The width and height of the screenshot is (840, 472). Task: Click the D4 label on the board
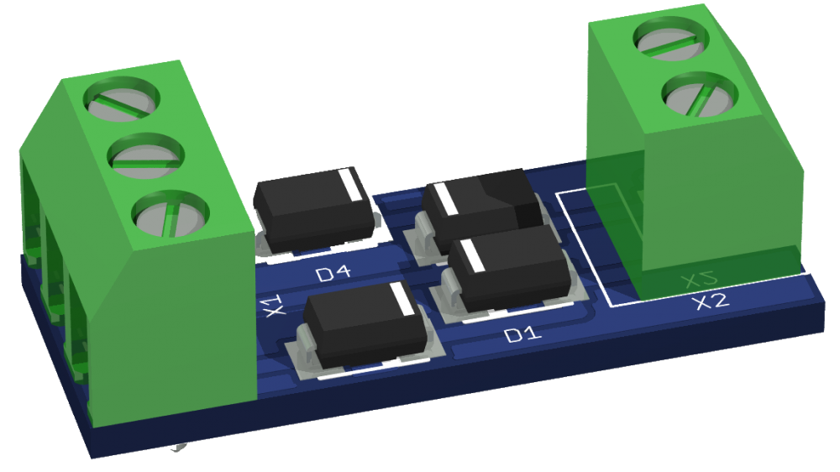pos(333,273)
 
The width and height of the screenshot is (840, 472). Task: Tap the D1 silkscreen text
pos(521,335)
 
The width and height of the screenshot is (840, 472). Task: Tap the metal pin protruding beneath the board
pos(178,450)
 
